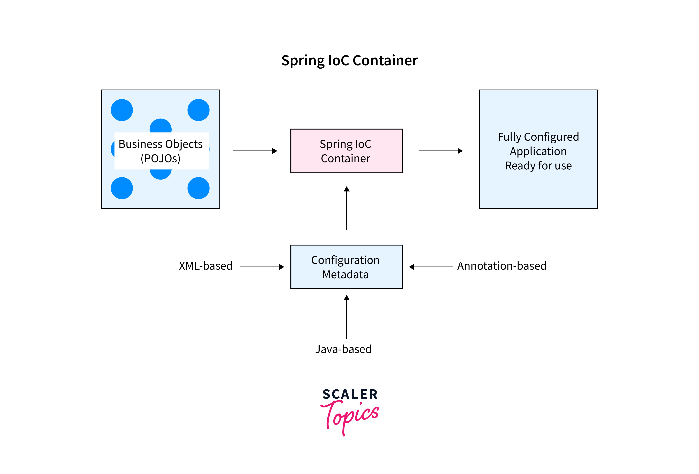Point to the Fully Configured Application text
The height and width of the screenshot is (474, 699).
[538, 151]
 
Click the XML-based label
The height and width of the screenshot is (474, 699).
[206, 266]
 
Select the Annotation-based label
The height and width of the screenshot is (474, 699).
[502, 266]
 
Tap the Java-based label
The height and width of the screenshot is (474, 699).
[343, 349]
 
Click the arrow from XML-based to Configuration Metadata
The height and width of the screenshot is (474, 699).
[262, 267]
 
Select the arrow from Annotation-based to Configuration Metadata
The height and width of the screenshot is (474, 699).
[431, 267]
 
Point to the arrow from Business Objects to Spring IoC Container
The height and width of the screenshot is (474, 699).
[255, 151]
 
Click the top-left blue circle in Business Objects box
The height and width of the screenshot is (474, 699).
[122, 110]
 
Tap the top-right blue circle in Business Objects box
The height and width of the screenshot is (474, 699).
[199, 110]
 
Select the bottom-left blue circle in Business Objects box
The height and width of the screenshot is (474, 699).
[122, 188]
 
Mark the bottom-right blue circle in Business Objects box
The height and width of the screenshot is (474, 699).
[199, 188]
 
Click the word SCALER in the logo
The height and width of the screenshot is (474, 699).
[350, 394]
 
